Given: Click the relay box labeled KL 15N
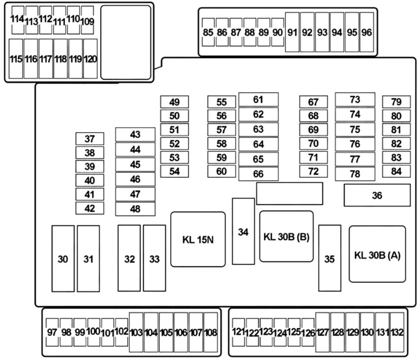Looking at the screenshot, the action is tap(198, 239).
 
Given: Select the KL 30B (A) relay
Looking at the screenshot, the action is tap(377, 254).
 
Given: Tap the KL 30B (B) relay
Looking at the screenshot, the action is tap(287, 236).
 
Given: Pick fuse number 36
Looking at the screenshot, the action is tap(377, 195).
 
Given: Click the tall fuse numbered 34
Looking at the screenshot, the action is tap(243, 231).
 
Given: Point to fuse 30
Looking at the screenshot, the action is tap(63, 258).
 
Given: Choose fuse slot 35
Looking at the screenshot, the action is tap(330, 258).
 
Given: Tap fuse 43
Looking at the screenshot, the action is tap(135, 134).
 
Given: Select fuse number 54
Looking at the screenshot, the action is tap(175, 171).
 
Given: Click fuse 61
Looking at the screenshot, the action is tap(259, 100).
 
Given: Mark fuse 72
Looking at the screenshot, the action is tap(313, 171).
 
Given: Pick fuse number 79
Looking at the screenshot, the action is tap(397, 102).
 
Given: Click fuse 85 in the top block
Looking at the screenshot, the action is tap(208, 32).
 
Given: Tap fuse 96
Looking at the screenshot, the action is tap(367, 32).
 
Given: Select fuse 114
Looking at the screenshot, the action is tap(18, 20).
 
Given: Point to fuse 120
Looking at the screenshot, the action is tap(90, 59).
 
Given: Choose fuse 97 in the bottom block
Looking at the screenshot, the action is tap(52, 332).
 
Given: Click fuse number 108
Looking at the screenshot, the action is tap(211, 332).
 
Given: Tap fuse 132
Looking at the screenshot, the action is tap(397, 332).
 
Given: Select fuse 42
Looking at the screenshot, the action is tap(90, 208).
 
